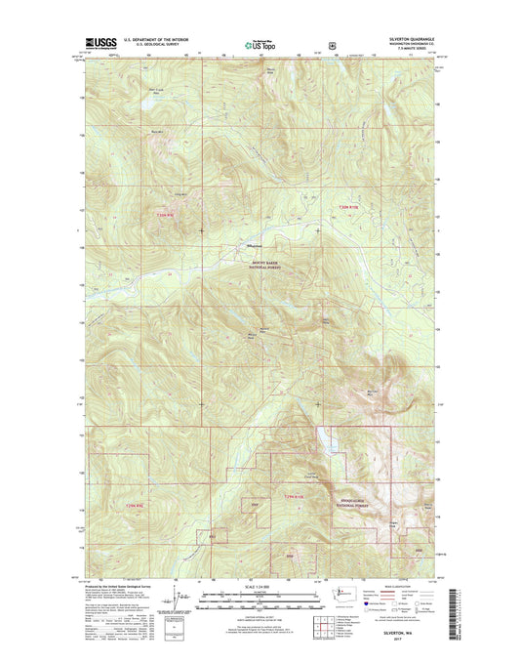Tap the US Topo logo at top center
coord(252,43)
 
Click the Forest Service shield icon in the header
coord(334,43)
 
